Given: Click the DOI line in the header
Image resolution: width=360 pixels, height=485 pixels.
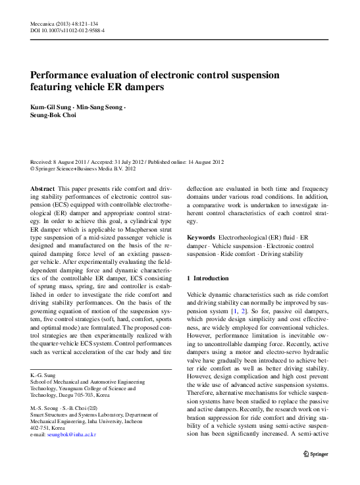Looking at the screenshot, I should click(67, 30).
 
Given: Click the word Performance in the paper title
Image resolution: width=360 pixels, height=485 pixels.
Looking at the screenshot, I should click(63, 75).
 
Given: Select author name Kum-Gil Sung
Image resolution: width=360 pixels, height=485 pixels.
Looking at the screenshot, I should click(49, 107).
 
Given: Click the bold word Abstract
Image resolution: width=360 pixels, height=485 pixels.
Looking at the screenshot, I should click(42, 188).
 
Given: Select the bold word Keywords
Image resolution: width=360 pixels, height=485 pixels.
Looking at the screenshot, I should click(201, 237).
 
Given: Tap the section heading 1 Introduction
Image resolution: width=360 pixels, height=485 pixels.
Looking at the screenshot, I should click(208, 278).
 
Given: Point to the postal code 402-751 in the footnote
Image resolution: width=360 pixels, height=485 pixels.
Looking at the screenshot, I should click(41, 428).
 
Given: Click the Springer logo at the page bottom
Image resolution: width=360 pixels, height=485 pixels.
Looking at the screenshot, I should click(317, 454).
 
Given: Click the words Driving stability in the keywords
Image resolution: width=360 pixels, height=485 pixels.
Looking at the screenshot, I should click(281, 253).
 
